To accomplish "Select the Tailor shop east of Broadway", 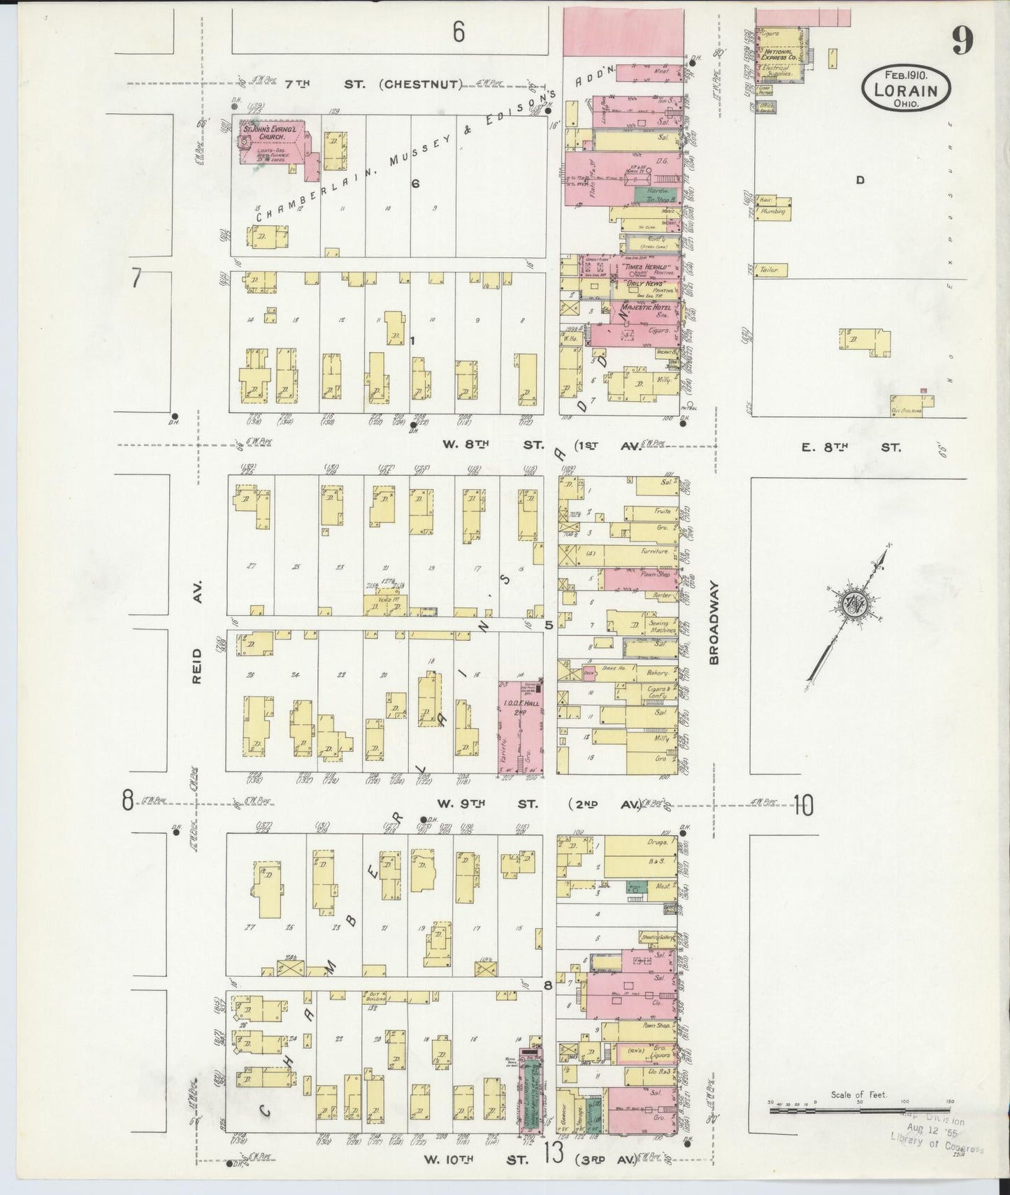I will click(x=770, y=269).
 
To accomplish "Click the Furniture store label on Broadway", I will click(x=656, y=551).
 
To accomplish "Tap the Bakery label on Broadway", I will click(x=657, y=672).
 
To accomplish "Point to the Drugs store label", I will click(x=661, y=845).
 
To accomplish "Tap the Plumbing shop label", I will click(x=774, y=210).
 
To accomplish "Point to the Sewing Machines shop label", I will click(x=658, y=626).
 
